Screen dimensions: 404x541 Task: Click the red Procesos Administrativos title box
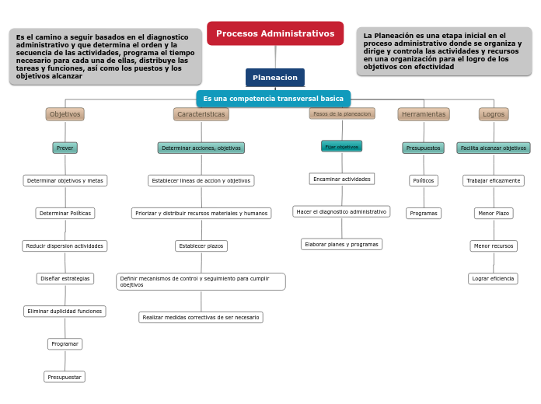(x=275, y=33)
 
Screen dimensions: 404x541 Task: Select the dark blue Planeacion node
(x=275, y=78)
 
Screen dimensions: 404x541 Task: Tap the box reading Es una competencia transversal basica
(x=273, y=99)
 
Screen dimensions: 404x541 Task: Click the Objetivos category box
(x=65, y=114)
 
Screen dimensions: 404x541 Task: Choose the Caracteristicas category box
(x=201, y=114)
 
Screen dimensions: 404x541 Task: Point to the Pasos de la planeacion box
(x=342, y=113)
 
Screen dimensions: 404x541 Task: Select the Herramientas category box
(x=424, y=114)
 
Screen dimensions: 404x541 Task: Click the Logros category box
(x=494, y=114)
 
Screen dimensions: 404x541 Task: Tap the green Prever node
(x=65, y=148)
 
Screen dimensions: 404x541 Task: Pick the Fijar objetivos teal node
(x=341, y=146)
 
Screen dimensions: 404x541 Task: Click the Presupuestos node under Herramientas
(x=423, y=148)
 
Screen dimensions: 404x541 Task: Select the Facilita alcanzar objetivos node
(x=493, y=148)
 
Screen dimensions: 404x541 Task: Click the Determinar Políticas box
(x=65, y=213)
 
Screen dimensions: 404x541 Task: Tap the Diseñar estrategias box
(x=65, y=278)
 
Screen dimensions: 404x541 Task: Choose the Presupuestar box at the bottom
(x=65, y=377)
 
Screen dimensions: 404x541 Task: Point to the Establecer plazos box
(x=201, y=246)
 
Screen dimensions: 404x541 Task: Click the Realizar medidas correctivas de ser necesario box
(x=201, y=317)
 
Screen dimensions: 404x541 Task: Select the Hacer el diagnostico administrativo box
(x=341, y=211)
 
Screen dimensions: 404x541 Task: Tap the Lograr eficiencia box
(x=493, y=278)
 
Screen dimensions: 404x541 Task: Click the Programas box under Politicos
(x=424, y=213)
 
